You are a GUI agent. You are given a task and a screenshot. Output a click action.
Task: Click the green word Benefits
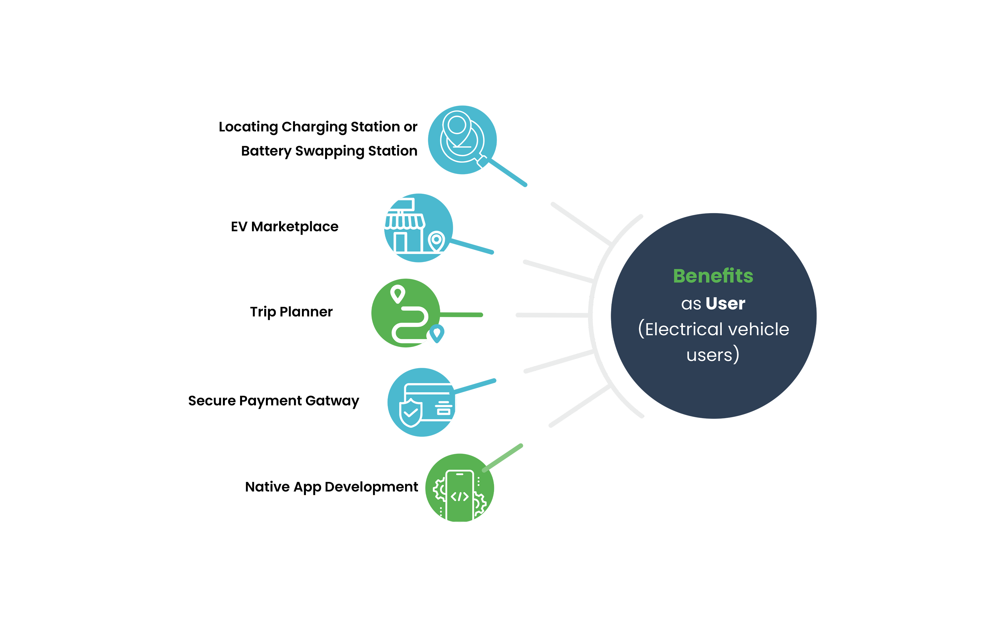tap(713, 276)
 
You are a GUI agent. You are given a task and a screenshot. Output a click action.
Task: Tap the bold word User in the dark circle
tap(726, 304)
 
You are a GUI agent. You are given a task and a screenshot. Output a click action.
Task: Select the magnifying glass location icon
tap(462, 140)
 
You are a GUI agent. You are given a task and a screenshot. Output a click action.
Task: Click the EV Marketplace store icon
tap(418, 228)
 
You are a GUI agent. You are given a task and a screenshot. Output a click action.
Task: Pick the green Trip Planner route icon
tap(406, 313)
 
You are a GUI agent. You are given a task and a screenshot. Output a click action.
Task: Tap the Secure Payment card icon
tap(422, 402)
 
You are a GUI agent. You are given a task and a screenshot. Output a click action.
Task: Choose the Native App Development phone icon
tap(459, 488)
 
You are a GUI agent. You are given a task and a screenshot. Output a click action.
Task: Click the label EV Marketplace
tap(285, 227)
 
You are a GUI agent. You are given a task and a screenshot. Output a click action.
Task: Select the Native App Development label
tap(332, 487)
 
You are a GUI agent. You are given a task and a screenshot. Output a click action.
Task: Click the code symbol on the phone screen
tap(459, 496)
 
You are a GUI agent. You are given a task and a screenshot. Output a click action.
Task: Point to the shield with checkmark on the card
tap(410, 413)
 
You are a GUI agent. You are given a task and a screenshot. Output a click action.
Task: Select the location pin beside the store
tap(436, 241)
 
